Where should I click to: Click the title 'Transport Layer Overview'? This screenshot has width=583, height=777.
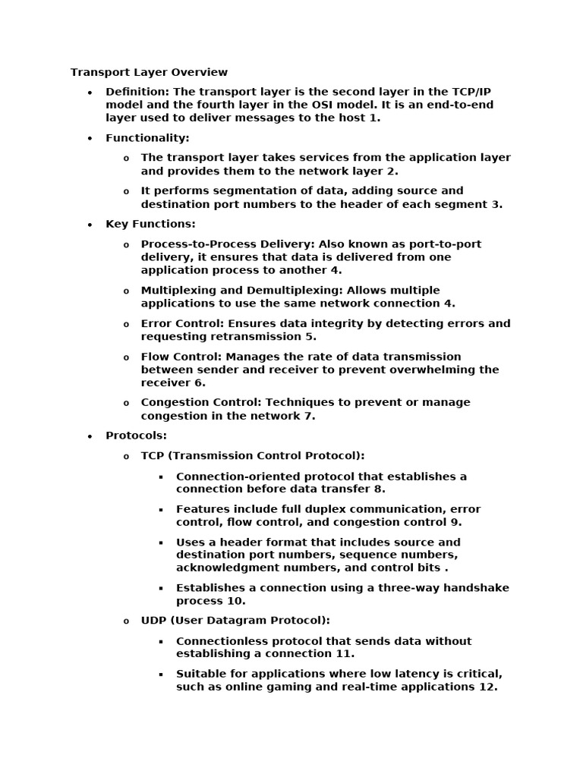point(149,72)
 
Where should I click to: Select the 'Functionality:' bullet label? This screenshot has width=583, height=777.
point(147,138)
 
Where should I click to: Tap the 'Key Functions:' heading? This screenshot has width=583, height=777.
point(150,224)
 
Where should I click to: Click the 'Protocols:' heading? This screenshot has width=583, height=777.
point(136,436)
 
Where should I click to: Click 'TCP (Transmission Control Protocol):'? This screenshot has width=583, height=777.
point(253,455)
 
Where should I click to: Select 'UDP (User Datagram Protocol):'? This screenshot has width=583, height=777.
point(235,621)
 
